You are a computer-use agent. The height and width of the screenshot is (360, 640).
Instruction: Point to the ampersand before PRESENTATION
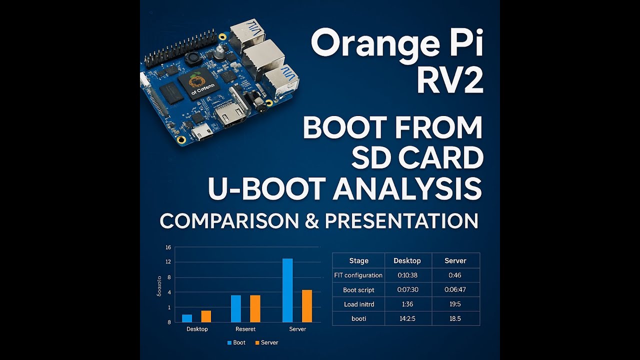click(311, 220)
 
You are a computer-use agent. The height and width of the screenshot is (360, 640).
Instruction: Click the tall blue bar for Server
click(287, 290)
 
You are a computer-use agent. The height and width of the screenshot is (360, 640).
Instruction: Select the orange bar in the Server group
click(307, 306)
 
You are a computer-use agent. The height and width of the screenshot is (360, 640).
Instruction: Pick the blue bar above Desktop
click(187, 318)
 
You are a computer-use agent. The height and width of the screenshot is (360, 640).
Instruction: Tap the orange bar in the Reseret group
click(255, 308)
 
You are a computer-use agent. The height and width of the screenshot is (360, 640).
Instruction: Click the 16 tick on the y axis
click(168, 247)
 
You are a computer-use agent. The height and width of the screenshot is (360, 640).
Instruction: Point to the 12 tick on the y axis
click(168, 262)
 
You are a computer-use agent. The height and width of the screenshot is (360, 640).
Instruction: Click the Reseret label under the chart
click(245, 329)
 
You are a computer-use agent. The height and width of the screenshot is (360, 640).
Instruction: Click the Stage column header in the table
click(358, 260)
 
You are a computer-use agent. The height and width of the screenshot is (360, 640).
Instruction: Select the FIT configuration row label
click(358, 275)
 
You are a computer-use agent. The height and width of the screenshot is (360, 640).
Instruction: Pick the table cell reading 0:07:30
click(407, 289)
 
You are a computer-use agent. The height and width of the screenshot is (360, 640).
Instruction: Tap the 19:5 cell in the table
click(455, 304)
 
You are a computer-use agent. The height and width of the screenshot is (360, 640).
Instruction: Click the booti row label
click(358, 318)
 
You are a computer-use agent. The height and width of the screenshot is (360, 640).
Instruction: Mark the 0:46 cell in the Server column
click(455, 275)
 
